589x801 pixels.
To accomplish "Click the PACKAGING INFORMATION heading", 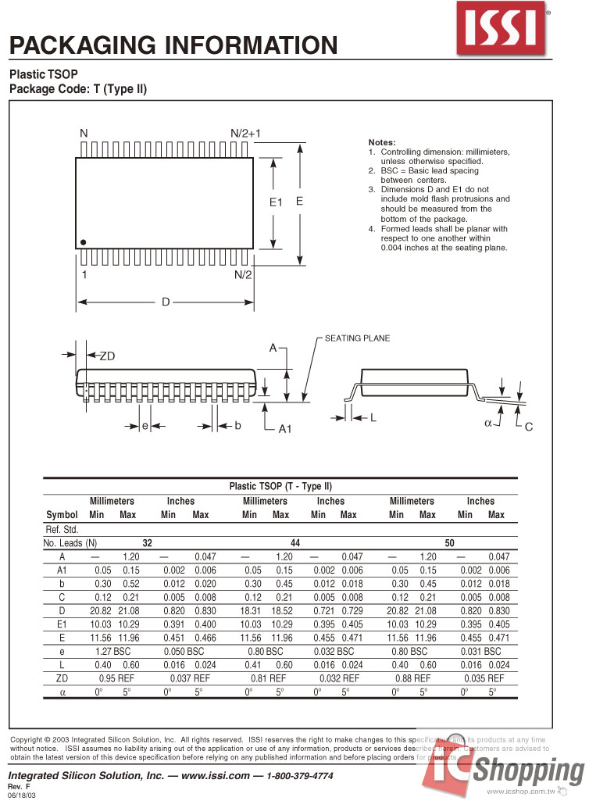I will point(173,45).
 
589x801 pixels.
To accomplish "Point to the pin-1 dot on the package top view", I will point(84,242).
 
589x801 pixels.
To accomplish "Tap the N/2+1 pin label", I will point(245,134).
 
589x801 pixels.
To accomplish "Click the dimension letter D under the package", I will point(166,302).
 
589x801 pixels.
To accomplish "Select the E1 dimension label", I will point(275,202).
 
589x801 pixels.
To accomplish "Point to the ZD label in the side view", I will point(107,356).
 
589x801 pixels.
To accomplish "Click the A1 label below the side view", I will point(285,429).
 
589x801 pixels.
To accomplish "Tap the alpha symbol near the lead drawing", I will point(488,423).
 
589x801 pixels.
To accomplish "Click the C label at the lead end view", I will point(528,427).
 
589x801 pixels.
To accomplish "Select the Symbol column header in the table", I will point(62,515).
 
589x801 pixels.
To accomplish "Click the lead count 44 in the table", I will point(295,542).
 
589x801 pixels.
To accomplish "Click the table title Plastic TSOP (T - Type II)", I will point(280,486).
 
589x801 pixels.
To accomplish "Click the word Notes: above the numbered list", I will point(382,141).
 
